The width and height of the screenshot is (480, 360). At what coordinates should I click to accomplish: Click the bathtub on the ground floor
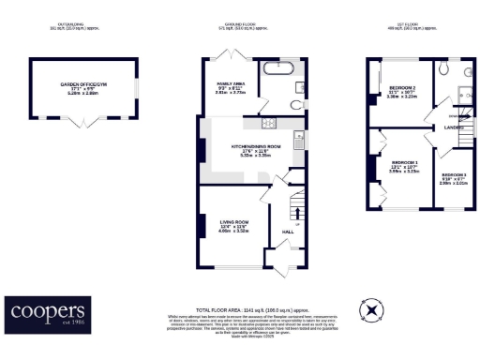point(277,69)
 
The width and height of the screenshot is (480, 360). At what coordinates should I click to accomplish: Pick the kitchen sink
point(298,143)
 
